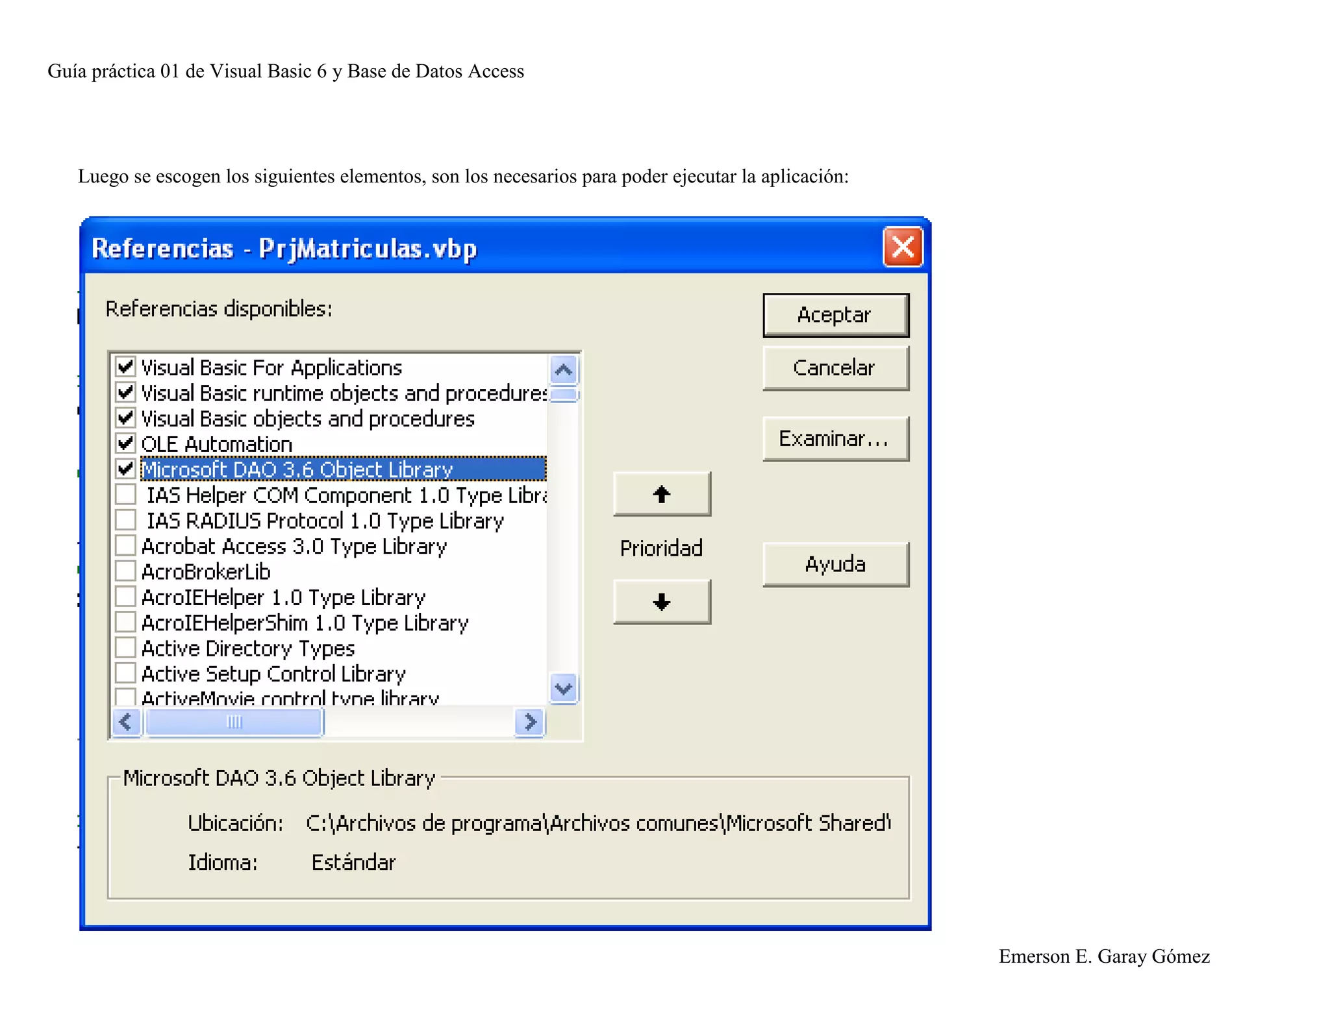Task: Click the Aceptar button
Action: point(835,316)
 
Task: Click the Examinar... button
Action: point(835,439)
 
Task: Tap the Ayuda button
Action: point(835,565)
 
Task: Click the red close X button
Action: point(903,247)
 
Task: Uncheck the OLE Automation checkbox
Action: point(125,444)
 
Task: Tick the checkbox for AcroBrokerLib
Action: point(125,571)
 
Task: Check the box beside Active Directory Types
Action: point(125,648)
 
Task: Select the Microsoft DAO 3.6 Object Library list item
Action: point(297,469)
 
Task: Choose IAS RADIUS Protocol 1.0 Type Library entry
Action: point(325,521)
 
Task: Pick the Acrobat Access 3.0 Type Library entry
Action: point(294,546)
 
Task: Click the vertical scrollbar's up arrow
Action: point(563,370)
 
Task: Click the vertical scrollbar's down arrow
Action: point(563,688)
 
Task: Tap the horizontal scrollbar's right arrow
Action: point(530,722)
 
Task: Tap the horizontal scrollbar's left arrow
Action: point(126,722)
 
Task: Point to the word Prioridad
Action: point(661,549)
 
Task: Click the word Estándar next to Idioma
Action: point(353,863)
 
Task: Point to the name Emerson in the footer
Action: point(1034,956)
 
